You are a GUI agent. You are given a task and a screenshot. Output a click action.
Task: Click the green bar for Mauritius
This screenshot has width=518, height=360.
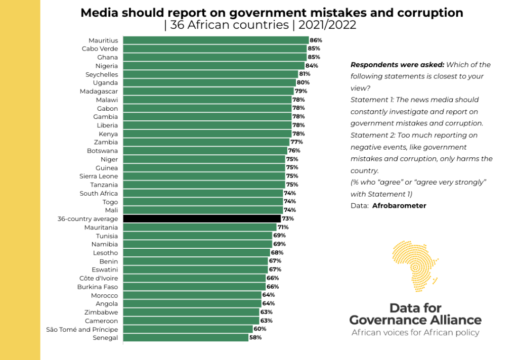pyautogui.click(x=215, y=40)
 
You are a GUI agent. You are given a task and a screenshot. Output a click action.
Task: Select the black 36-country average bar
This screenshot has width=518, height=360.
pyautogui.click(x=202, y=219)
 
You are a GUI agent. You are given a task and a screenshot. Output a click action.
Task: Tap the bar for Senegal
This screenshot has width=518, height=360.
pyautogui.click(x=186, y=338)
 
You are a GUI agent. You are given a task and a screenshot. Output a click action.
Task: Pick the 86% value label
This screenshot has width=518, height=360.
pyautogui.click(x=316, y=40)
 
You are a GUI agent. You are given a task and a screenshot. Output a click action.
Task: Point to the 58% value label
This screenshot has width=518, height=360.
pyautogui.click(x=255, y=338)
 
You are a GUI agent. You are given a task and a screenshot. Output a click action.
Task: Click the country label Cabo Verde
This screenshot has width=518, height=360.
pyautogui.click(x=100, y=49)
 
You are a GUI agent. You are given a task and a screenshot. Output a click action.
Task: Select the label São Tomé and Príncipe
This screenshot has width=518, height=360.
pyautogui.click(x=82, y=329)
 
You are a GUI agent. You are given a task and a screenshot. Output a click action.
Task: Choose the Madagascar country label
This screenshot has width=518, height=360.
pyautogui.click(x=99, y=92)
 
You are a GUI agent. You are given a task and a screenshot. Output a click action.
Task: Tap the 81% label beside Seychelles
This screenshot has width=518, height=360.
pyautogui.click(x=304, y=74)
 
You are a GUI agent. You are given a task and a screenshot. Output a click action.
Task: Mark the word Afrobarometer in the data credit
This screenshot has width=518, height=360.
pyautogui.click(x=399, y=206)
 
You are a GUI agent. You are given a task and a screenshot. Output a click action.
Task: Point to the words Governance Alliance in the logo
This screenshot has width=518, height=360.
pyautogui.click(x=415, y=320)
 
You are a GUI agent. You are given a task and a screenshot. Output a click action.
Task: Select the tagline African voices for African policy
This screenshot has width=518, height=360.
pyautogui.click(x=415, y=333)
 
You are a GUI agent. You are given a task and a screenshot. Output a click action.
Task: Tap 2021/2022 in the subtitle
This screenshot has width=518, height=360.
pyautogui.click(x=326, y=25)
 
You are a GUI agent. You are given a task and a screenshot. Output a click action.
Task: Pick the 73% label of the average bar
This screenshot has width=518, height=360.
pyautogui.click(x=288, y=219)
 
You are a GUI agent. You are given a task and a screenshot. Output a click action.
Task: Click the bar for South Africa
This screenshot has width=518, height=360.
pyautogui.click(x=203, y=194)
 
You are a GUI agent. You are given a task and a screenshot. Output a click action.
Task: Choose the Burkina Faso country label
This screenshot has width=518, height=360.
pyautogui.click(x=97, y=287)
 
